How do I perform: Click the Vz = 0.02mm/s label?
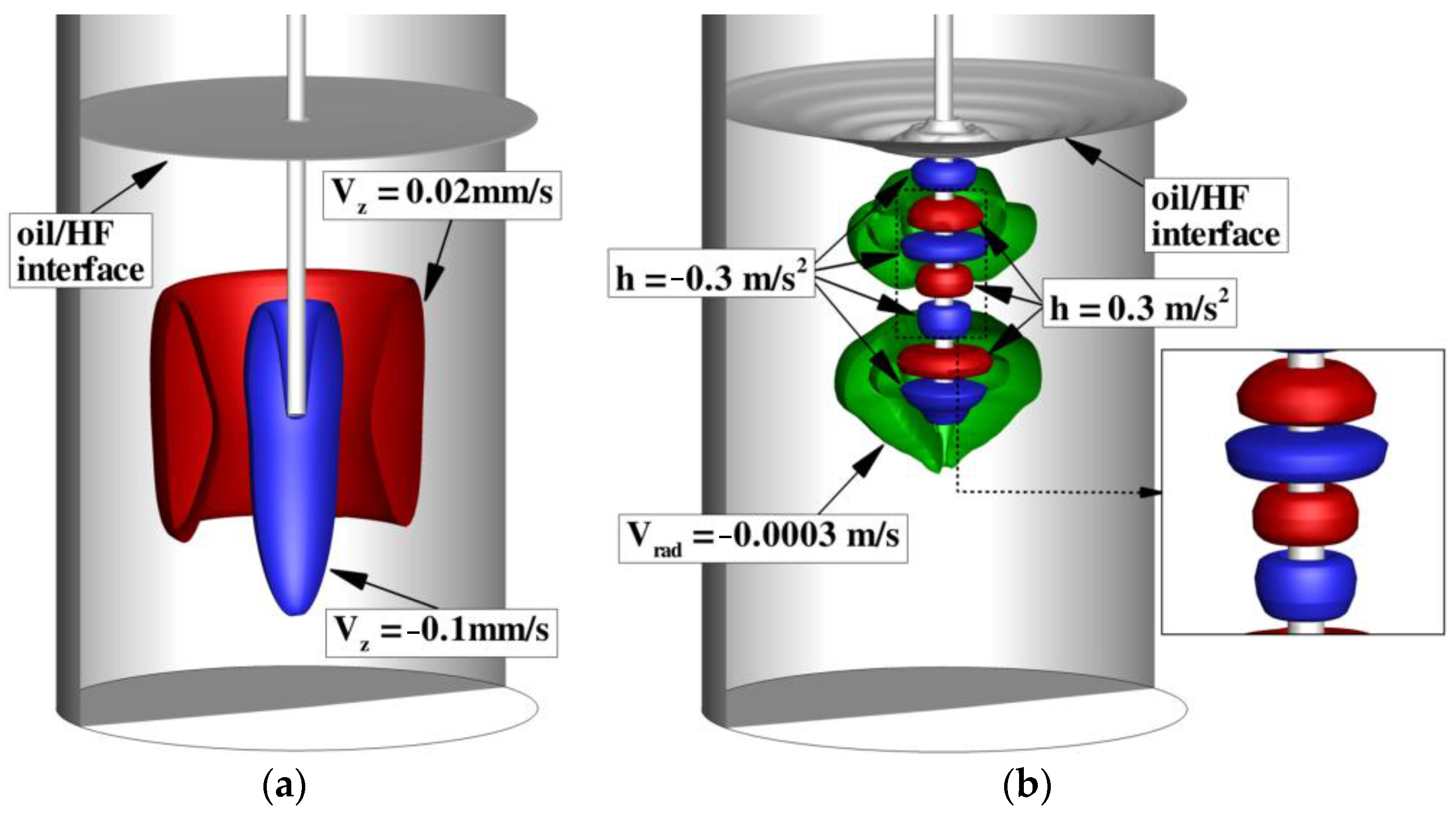tap(442, 194)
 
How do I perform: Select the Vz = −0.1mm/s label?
tap(441, 631)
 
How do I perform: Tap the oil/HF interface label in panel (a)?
tap(80, 251)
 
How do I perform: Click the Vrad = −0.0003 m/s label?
tap(762, 538)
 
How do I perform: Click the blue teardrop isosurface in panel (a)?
tap(288, 509)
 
